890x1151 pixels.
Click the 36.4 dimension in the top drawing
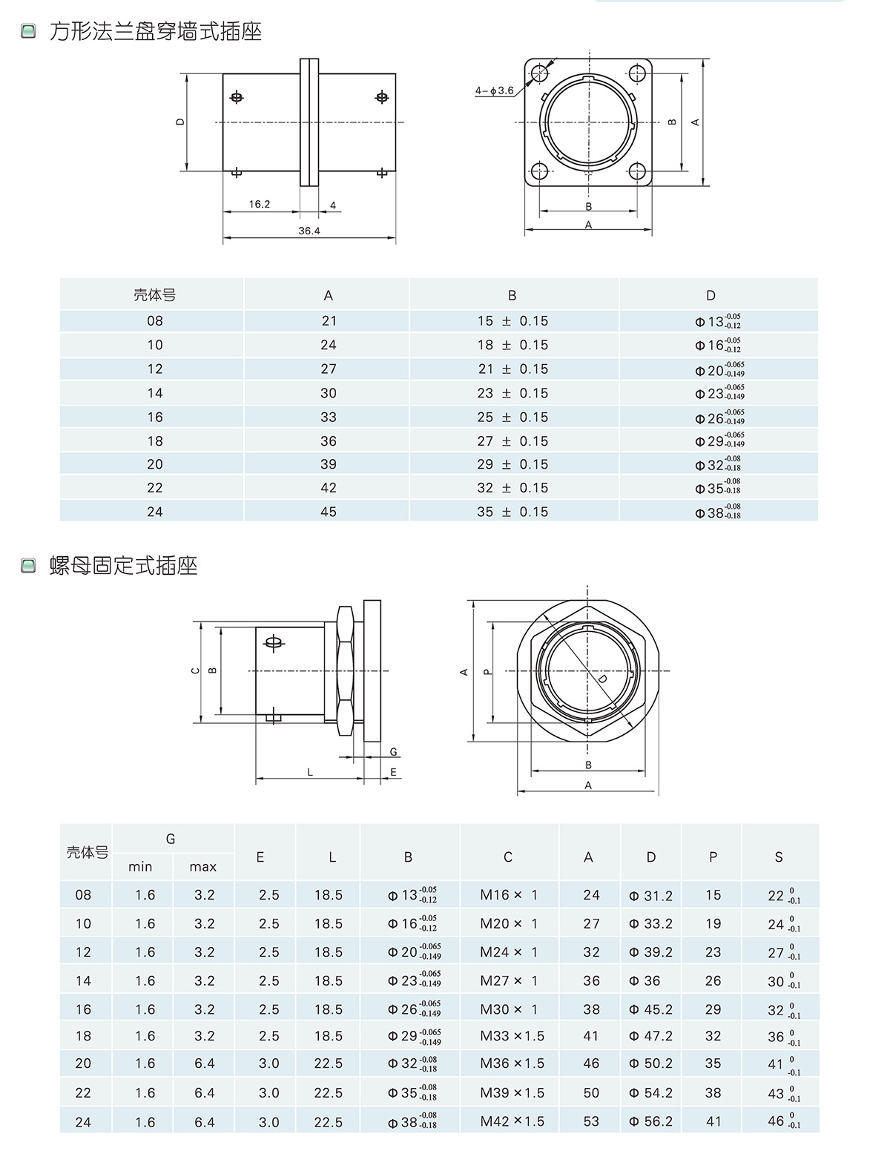coord(309,231)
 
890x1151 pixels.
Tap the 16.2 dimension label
coord(260,204)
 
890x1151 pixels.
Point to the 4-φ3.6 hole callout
coord(495,90)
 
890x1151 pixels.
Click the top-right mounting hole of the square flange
coord(637,73)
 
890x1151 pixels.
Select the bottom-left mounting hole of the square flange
coord(540,171)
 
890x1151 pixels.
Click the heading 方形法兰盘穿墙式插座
coord(156,31)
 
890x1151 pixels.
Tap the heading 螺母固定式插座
coord(124,566)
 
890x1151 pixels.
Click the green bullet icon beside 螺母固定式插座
coord(28,566)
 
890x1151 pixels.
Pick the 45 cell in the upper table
coord(329,512)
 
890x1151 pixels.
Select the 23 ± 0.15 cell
coord(512,393)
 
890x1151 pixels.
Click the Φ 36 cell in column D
coord(645,980)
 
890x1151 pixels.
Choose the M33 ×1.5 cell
coord(512,1036)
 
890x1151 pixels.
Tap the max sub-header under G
coord(202,866)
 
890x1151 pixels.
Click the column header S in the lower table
coord(779,857)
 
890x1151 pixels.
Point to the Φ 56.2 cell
coord(650,1121)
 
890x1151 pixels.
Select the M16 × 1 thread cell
coord(509,895)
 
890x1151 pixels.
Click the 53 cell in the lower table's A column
coord(591,1121)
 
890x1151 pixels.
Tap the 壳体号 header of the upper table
coord(154,295)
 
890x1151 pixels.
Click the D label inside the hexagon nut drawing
coord(602,679)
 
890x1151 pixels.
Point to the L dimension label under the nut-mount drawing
coord(310,772)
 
